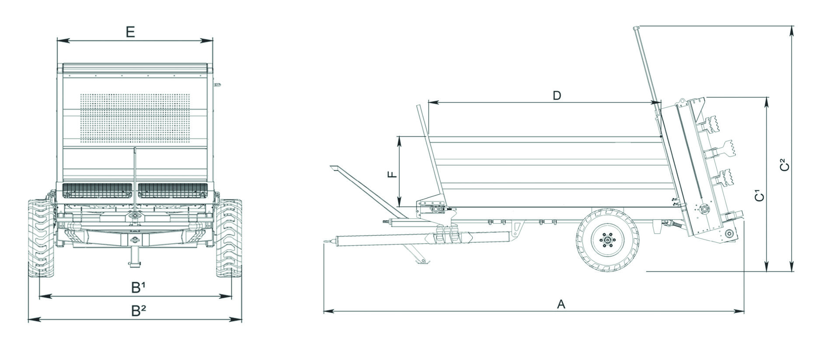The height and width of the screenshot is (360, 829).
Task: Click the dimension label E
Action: pos(130,32)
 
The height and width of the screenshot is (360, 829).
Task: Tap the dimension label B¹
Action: pos(139,287)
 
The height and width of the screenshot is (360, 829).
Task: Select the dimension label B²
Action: pos(139,311)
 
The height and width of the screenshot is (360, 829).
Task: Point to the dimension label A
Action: pos(561,304)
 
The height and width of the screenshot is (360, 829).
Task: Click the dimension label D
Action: pos(557,95)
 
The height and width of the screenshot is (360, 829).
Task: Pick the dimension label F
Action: pos(393,174)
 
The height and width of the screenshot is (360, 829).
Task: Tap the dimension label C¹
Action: pos(760,195)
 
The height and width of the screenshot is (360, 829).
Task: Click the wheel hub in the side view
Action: pos(607,240)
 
